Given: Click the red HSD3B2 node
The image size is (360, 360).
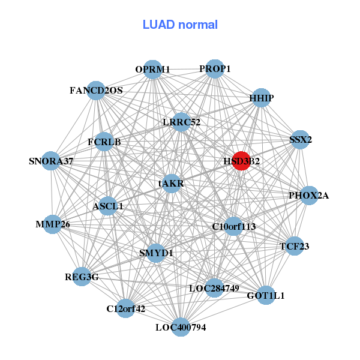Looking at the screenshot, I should (241, 161).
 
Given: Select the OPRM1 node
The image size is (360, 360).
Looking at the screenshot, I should (153, 70).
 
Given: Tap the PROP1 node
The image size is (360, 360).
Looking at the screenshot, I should (214, 69).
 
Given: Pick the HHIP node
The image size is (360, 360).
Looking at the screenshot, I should (261, 98).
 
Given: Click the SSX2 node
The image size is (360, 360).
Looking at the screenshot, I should (300, 140).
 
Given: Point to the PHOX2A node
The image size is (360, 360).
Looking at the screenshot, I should (308, 196).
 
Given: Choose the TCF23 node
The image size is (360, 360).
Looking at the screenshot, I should (294, 246).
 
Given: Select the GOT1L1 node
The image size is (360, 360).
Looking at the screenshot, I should (266, 295).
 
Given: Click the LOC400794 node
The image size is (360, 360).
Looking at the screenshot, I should (181, 327).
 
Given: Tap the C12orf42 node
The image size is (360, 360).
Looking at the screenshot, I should (125, 309).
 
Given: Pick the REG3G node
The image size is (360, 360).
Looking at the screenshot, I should (82, 277).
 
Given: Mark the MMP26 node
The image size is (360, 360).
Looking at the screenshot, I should (53, 225).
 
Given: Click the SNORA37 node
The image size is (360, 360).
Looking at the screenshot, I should (52, 161).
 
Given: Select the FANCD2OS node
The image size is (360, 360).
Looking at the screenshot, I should (97, 91).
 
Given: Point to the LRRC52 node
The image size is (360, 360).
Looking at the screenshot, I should (181, 122).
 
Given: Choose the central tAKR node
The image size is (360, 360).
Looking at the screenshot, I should (172, 183).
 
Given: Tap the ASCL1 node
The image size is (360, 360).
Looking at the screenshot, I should (108, 206).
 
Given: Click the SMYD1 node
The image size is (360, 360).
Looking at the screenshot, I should (156, 253).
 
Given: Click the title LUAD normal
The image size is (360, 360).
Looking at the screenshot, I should (180, 25).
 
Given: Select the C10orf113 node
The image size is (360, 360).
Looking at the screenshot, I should (234, 226).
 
